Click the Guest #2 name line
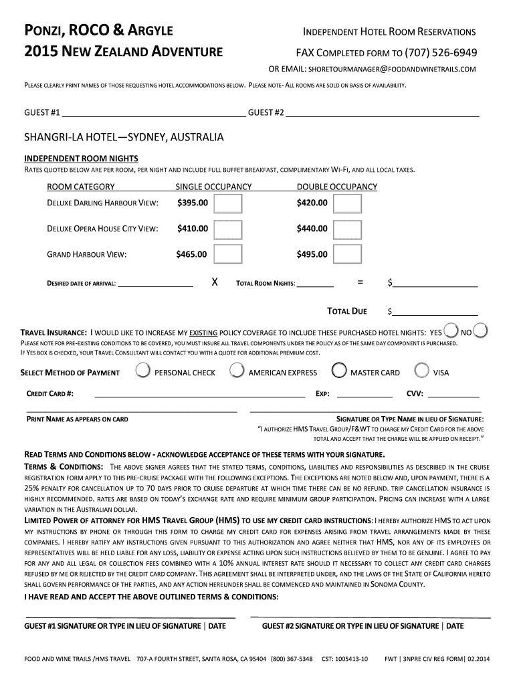tap(383, 112)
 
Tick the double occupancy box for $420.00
tap(348, 203)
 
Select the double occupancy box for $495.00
tap(348, 254)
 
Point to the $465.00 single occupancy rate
tap(191, 254)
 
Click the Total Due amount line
tap(435, 311)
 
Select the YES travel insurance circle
tap(450, 330)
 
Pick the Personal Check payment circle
tap(142, 371)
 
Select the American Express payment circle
tap(236, 371)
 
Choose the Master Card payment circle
tap(339, 371)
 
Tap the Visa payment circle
tap(421, 371)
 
